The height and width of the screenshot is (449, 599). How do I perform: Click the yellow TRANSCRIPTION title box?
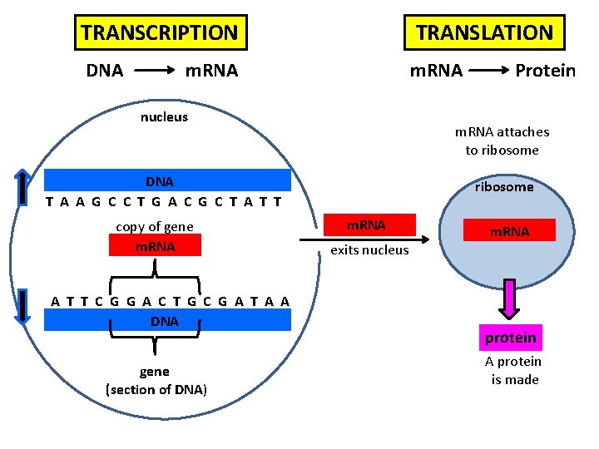click(160, 33)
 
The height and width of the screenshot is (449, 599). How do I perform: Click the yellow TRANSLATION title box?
click(484, 33)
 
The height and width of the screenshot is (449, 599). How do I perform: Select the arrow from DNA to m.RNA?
click(154, 71)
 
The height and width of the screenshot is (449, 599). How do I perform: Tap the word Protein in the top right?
click(545, 71)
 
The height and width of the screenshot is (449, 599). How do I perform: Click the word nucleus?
click(164, 117)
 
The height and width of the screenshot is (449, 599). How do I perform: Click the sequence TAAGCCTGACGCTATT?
click(164, 201)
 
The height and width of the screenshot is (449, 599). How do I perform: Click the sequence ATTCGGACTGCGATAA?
click(171, 301)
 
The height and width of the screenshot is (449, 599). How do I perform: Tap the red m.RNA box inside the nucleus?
click(155, 246)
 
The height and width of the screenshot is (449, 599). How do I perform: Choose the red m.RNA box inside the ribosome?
click(509, 231)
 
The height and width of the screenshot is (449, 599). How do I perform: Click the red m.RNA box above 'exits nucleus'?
click(366, 225)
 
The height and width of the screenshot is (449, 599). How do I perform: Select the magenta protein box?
click(510, 338)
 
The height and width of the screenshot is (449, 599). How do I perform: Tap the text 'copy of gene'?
click(155, 226)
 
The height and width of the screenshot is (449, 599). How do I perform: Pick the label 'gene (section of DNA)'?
click(156, 381)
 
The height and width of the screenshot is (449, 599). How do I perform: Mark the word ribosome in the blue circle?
click(504, 187)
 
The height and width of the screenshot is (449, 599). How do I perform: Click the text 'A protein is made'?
click(514, 371)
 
